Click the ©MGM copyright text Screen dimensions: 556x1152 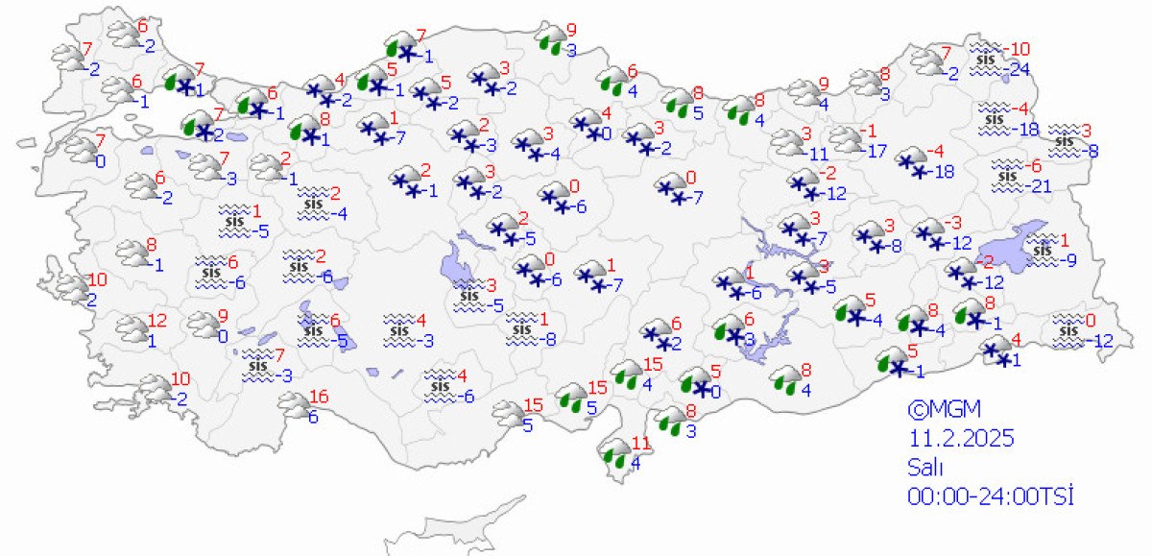945,409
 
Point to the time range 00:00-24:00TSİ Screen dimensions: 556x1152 990,496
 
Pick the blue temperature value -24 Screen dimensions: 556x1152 1017,69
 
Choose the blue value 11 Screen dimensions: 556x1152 818,153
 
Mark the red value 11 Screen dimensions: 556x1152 641,445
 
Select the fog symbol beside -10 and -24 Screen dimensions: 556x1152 984,59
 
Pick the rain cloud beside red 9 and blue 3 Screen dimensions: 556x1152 551,39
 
